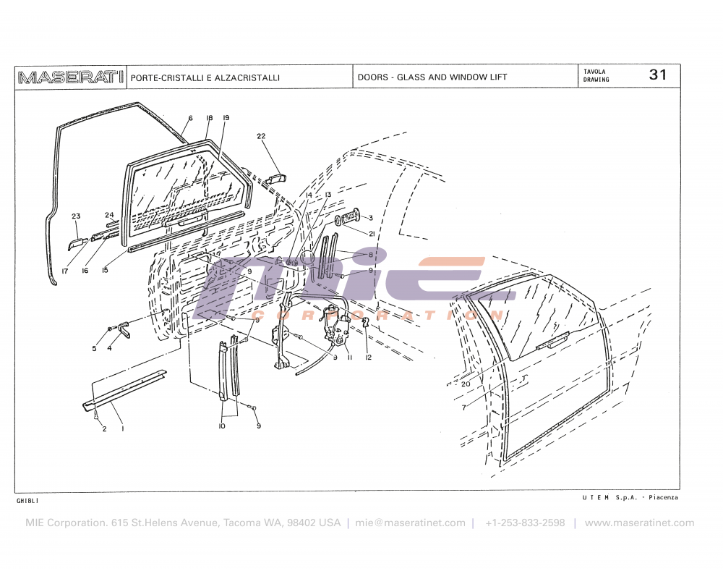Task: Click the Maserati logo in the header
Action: coord(71,77)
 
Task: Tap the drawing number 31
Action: coord(657,75)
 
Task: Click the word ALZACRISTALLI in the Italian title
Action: coord(247,77)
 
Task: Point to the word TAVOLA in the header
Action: coord(594,72)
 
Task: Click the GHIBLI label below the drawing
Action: coord(27,501)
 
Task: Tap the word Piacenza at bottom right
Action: coord(663,497)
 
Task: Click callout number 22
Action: coord(261,136)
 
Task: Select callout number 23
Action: coord(76,216)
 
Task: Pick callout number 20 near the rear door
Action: coord(466,384)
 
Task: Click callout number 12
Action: coord(368,358)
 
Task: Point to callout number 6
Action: coord(190,118)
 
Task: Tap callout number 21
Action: coord(372,234)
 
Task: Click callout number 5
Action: coord(94,349)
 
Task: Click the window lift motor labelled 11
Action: coord(335,324)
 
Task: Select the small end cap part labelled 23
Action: coord(77,244)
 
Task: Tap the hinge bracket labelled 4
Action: coord(124,329)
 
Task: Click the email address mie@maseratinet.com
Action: coord(410,523)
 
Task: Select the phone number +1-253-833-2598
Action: coord(525,523)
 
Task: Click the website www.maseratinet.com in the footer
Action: coord(640,523)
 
